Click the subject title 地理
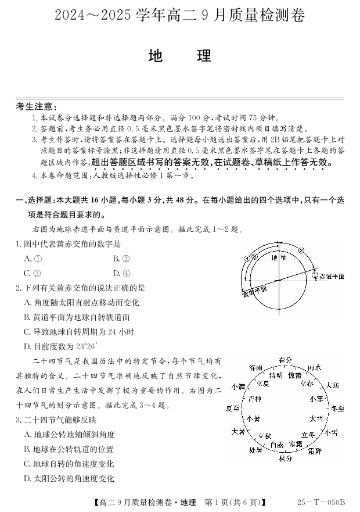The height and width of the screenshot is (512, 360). pyautogui.click(x=179, y=56)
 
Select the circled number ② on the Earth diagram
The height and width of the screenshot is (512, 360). pyautogui.click(x=301, y=250)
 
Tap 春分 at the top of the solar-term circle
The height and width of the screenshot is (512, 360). pyautogui.click(x=284, y=360)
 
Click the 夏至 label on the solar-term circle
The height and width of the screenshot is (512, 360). pyautogui.click(x=233, y=409)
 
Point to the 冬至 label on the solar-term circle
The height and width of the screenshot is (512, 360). pyautogui.click(x=337, y=409)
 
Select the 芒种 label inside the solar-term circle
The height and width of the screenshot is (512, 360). pyautogui.click(x=254, y=399)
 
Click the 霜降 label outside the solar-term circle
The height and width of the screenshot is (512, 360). pyautogui.click(x=315, y=450)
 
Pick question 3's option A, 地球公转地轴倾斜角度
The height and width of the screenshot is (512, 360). pyautogui.click(x=69, y=434)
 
